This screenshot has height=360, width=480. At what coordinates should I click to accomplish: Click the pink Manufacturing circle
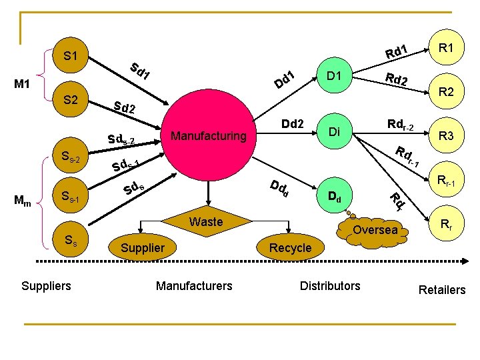point(209,137)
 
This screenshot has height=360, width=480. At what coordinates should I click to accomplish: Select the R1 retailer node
point(447,48)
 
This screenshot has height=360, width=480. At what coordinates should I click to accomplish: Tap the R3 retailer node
point(447,136)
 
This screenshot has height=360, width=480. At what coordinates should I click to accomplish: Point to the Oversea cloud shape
point(375,230)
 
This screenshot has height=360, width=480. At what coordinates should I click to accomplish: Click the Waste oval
point(206,222)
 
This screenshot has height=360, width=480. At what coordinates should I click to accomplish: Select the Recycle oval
point(290,247)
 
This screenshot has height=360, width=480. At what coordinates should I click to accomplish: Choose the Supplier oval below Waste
point(143,247)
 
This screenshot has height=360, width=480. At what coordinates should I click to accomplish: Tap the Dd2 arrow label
point(292,124)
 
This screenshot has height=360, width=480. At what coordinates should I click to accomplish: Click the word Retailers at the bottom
point(441,289)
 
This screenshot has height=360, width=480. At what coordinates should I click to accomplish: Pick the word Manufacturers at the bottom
point(194,286)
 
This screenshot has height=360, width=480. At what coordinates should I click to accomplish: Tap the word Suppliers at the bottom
point(46,286)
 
